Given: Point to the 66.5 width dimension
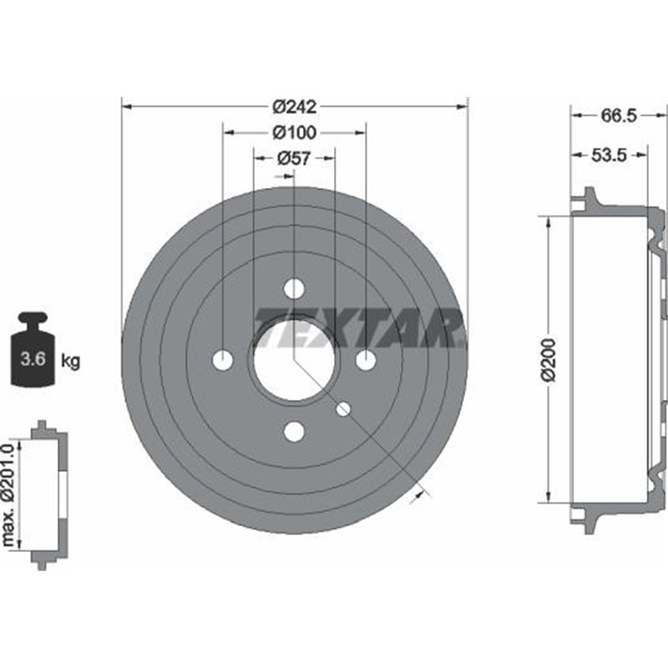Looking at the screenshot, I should [x=618, y=117].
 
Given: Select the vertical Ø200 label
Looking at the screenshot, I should [x=548, y=360].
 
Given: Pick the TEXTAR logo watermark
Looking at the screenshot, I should [x=359, y=326].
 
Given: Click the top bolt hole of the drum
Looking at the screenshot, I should [x=294, y=289].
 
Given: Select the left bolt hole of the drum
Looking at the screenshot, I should [x=223, y=360].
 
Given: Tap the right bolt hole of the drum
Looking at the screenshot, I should [x=366, y=360].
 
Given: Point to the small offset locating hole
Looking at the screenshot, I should [x=342, y=408].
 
